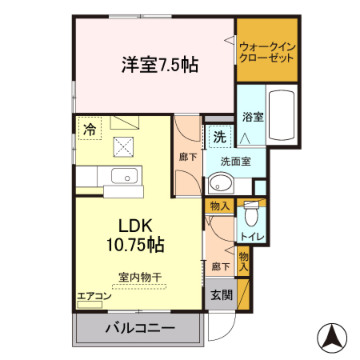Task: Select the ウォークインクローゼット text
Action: [x=267, y=53]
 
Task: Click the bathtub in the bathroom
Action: [x=282, y=118]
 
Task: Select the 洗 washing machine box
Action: [x=219, y=137]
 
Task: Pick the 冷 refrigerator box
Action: [x=90, y=127]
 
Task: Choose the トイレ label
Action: [x=254, y=238]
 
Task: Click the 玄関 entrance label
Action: [x=222, y=294]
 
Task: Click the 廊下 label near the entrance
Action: [x=221, y=267]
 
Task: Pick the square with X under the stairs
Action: [x=124, y=146]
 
